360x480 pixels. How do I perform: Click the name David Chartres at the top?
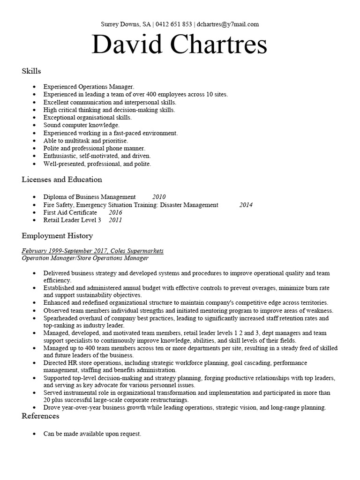[x=180, y=45]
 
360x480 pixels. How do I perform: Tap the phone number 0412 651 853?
[x=173, y=24]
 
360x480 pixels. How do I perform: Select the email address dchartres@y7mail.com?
[x=228, y=24]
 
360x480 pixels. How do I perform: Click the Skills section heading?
[x=31, y=71]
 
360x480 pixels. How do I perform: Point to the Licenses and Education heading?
[x=62, y=180]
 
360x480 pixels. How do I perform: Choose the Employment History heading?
[x=57, y=236]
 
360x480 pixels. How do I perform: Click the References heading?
[x=40, y=416]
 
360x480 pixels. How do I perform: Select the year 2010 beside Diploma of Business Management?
[x=159, y=197]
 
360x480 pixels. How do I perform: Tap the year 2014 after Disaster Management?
[x=246, y=205]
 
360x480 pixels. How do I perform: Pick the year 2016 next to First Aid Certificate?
[x=115, y=212]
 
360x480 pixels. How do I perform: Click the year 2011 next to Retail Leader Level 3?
[x=115, y=220]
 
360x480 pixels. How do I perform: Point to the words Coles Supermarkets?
[x=137, y=251]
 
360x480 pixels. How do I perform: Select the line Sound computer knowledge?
[x=82, y=125]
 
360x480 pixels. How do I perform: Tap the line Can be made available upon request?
[x=92, y=434]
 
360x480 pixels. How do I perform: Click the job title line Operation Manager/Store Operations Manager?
[x=85, y=258]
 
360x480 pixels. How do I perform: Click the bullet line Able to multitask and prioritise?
[x=85, y=141]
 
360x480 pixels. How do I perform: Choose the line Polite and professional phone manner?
[x=94, y=148]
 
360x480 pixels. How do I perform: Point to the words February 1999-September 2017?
[x=64, y=251]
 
